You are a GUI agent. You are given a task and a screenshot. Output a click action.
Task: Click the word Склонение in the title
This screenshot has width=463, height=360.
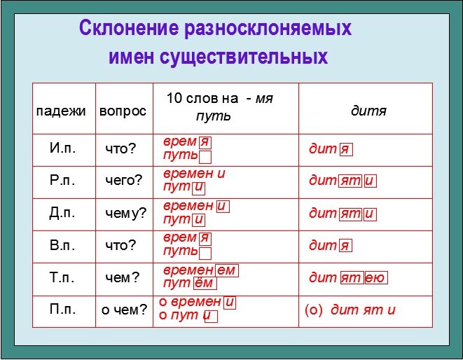[129, 28]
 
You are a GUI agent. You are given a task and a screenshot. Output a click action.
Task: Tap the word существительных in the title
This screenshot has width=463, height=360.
[244, 57]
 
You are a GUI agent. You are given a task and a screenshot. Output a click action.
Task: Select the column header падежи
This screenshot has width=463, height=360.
[61, 111]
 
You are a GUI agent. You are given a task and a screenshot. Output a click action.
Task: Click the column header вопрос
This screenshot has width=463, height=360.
[123, 111]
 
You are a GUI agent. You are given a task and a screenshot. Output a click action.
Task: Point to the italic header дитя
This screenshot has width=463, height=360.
[368, 111]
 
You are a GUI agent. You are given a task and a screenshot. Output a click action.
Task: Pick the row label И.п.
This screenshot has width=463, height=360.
[62, 148]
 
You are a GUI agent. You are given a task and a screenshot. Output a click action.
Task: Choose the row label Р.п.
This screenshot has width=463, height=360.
[62, 180]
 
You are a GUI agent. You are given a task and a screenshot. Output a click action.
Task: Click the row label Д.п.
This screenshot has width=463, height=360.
[62, 213]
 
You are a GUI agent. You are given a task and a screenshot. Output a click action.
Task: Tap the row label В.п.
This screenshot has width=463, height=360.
[62, 245]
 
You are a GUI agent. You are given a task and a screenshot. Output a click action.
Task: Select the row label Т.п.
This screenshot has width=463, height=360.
[62, 277]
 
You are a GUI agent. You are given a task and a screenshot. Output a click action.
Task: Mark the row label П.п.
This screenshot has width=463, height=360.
[62, 309]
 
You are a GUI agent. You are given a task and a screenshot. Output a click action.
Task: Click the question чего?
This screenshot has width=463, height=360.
[124, 180]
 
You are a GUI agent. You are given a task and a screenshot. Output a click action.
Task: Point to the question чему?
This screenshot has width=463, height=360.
[126, 213]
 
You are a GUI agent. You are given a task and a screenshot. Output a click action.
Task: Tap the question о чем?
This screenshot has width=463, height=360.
[124, 310]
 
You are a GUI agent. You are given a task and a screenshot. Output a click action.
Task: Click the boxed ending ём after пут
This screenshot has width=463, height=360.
[205, 283]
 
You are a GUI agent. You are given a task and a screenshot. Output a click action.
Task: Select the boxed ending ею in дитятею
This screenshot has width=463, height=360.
[376, 278]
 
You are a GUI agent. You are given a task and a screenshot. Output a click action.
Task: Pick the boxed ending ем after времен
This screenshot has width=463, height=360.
[227, 270]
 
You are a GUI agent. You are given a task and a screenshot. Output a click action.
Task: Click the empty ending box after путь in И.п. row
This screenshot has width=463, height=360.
[205, 157]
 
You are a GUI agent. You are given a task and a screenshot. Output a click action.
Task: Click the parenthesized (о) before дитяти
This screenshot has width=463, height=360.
[314, 310]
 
